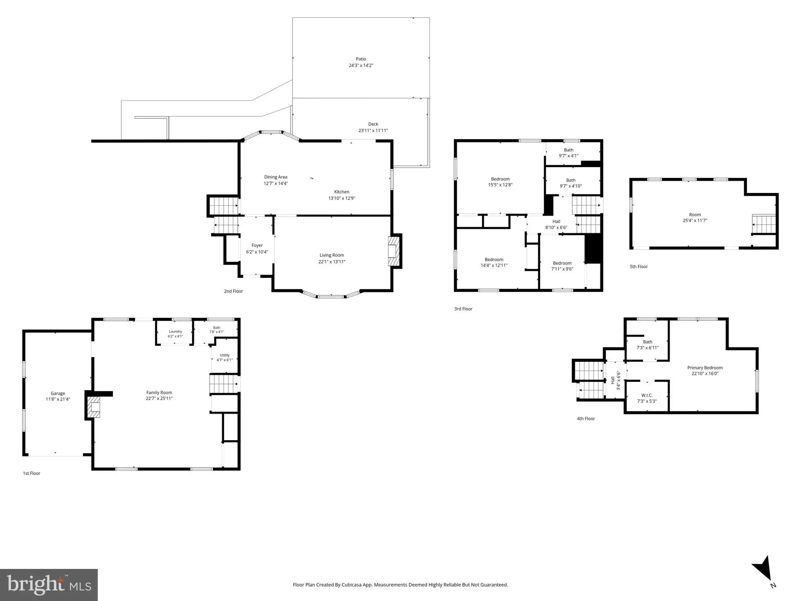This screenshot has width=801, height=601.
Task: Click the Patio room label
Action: (x=361, y=59)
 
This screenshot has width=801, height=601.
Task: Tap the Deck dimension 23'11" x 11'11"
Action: (x=373, y=131)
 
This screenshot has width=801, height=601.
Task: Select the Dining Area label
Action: (x=276, y=177)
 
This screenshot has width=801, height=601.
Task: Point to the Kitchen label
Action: (x=341, y=192)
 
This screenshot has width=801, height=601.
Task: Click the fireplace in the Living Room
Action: (x=393, y=251)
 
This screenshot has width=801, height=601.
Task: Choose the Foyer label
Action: (x=257, y=245)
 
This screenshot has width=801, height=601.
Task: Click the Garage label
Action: (x=58, y=394)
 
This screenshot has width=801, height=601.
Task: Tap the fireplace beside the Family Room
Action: (x=93, y=407)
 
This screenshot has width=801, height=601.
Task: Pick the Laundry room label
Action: (x=175, y=331)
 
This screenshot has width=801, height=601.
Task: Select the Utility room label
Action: (x=224, y=355)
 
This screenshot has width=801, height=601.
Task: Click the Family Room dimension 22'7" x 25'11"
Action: (x=159, y=399)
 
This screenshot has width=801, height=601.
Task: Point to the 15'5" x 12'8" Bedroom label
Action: (x=500, y=182)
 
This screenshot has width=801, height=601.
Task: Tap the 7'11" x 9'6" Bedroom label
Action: (x=562, y=266)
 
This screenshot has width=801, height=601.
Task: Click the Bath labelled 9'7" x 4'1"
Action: (x=569, y=153)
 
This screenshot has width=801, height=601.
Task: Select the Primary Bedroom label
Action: (x=705, y=368)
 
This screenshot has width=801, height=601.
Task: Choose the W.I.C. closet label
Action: (x=647, y=396)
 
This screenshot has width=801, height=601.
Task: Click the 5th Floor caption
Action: (x=639, y=267)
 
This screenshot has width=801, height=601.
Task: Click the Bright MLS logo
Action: (x=49, y=585)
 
